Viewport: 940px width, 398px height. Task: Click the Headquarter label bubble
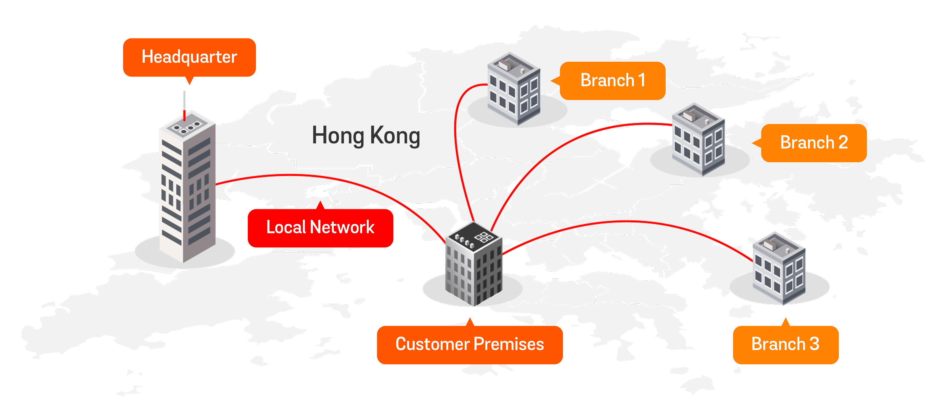pos(189,57)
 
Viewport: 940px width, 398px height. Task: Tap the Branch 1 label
pos(613,81)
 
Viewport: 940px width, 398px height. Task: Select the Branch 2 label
pos(814,143)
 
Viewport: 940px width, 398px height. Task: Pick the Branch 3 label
pos(785,344)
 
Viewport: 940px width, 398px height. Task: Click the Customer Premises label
pos(470,344)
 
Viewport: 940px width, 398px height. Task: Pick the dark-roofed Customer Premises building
pos(474,270)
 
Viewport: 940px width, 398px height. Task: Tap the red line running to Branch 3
pos(628,222)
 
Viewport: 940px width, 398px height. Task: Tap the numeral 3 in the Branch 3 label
pos(815,344)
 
